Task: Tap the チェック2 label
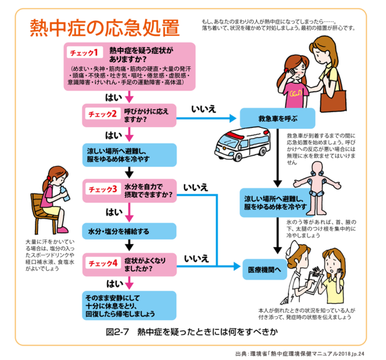click(x=102, y=114)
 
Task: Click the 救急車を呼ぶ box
click(x=278, y=118)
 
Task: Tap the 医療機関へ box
click(x=265, y=269)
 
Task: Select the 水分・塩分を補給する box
click(x=129, y=231)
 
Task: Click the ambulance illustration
click(x=243, y=143)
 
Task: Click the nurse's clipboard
click(x=316, y=281)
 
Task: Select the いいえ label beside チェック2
click(x=204, y=109)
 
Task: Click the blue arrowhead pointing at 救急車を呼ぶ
click(x=233, y=118)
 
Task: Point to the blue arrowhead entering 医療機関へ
click(x=237, y=266)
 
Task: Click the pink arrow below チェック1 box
click(x=129, y=96)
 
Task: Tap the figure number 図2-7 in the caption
click(x=117, y=332)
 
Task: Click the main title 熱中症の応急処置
click(x=105, y=27)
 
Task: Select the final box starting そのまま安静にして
click(x=129, y=305)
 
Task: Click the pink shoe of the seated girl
click(x=63, y=230)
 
